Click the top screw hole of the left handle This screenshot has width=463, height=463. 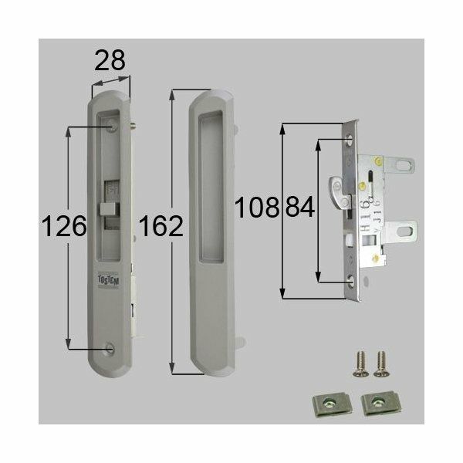tap(113, 122)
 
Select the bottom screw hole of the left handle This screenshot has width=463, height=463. tap(108, 348)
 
